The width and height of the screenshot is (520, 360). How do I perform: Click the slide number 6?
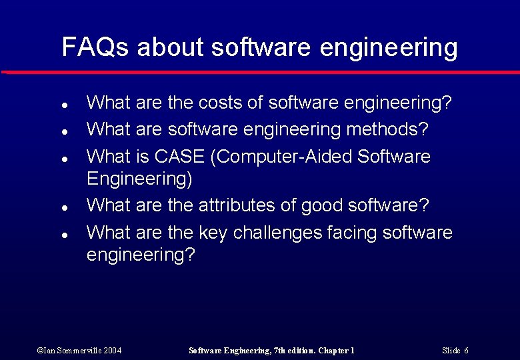coord(466,350)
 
